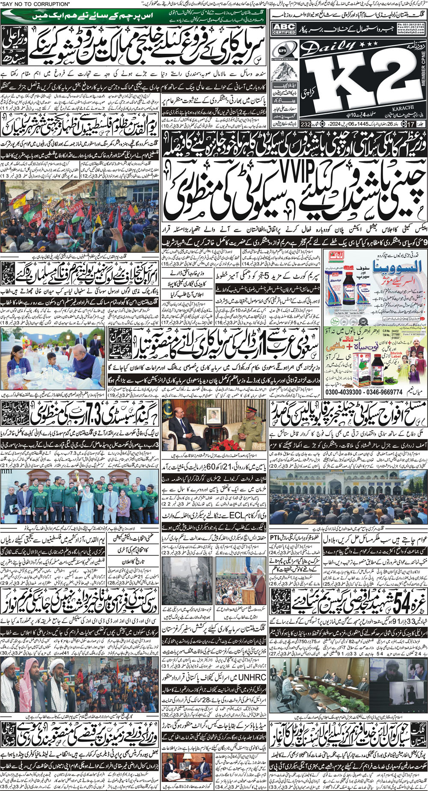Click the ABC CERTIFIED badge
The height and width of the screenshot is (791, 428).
point(284,29)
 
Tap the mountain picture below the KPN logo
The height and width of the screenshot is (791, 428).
point(283,68)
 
